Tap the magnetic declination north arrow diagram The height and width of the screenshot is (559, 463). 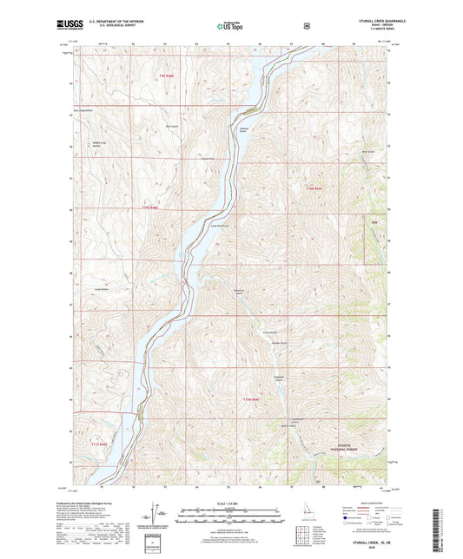click(159, 517)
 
